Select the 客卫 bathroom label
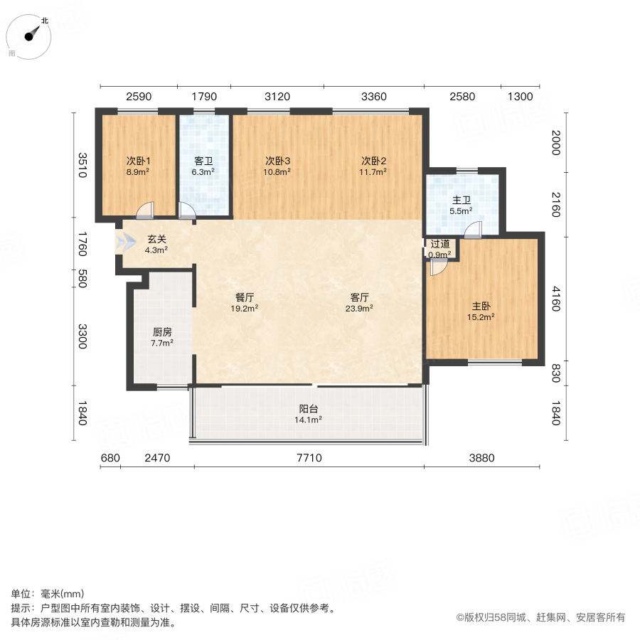pos(203,161)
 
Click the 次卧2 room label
pos(373,161)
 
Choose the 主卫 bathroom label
pos(461,201)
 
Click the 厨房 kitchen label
pos(162,332)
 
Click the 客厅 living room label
pos(361,299)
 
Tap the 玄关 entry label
pos(156,240)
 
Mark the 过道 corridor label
pos(440,244)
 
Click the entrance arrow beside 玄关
pos(126,242)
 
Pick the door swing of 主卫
pos(474,230)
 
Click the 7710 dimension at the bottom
pos(309,459)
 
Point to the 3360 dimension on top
pos(373,97)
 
